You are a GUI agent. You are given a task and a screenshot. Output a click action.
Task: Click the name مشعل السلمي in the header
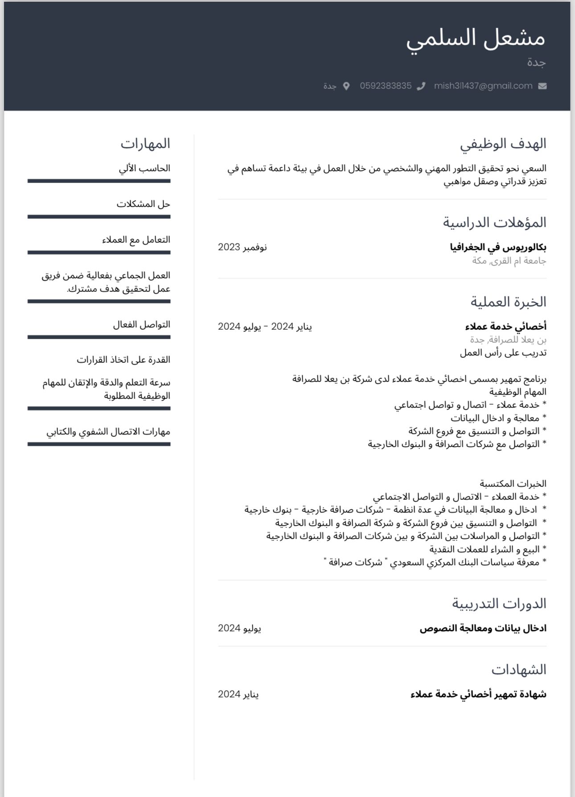coord(475,38)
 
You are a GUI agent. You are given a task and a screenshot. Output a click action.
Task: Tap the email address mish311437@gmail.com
coord(483,86)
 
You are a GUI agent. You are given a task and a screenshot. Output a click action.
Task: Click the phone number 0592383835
coord(386,86)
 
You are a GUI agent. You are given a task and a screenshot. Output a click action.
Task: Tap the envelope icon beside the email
coord(542,86)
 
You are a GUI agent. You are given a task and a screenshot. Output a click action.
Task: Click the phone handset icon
coord(421,86)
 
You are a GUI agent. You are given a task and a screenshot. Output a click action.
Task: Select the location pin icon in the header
coord(346,86)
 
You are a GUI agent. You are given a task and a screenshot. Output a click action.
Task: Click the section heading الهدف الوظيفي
coord(503,144)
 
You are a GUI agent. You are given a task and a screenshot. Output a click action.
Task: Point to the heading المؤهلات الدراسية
coord(494,222)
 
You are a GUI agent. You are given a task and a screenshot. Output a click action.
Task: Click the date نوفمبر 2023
coord(242,247)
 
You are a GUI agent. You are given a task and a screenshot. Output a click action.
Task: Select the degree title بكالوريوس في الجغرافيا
coord(498,247)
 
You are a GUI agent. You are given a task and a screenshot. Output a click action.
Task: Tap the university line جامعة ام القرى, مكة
coord(509,261)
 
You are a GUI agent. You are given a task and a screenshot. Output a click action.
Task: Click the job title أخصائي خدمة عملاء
coord(505,327)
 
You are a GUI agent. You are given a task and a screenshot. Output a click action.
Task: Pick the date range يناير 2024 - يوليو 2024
coord(265,327)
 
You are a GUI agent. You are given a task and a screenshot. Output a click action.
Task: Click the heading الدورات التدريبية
coord(499,604)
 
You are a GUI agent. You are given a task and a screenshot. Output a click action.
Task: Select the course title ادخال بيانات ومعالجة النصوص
coord(483,628)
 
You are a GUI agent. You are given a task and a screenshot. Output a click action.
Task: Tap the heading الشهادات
coord(518,669)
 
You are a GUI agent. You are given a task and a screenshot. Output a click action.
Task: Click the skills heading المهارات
coord(145,144)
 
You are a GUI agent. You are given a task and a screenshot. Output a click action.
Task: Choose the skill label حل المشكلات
coord(144,204)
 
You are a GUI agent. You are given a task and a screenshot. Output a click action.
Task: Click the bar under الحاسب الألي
coord(99,181)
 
